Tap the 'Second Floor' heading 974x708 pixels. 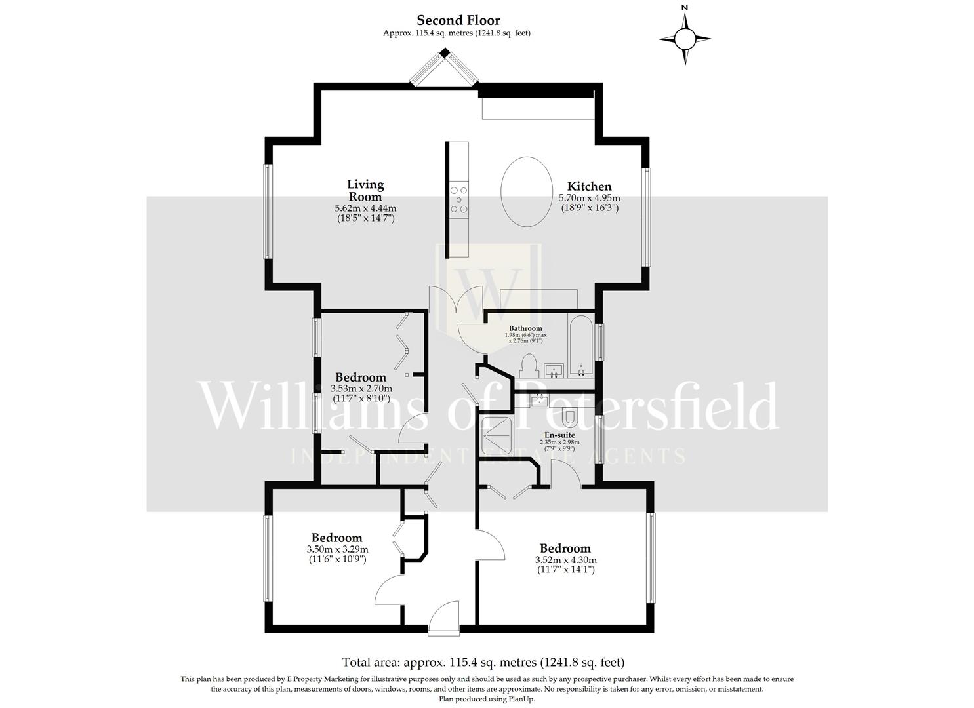(x=458, y=20)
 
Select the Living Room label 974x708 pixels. (x=365, y=190)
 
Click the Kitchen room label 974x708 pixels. (x=589, y=187)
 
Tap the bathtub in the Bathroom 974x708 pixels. (x=581, y=347)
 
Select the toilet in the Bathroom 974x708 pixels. (x=529, y=364)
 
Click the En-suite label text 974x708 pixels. (x=559, y=435)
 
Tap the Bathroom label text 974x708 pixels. (x=525, y=328)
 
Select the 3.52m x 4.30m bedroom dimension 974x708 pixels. (x=565, y=560)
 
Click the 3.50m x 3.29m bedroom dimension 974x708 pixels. (x=337, y=549)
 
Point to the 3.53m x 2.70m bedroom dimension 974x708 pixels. (x=361, y=388)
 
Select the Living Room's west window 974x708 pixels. (x=267, y=211)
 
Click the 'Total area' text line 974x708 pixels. (x=483, y=662)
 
